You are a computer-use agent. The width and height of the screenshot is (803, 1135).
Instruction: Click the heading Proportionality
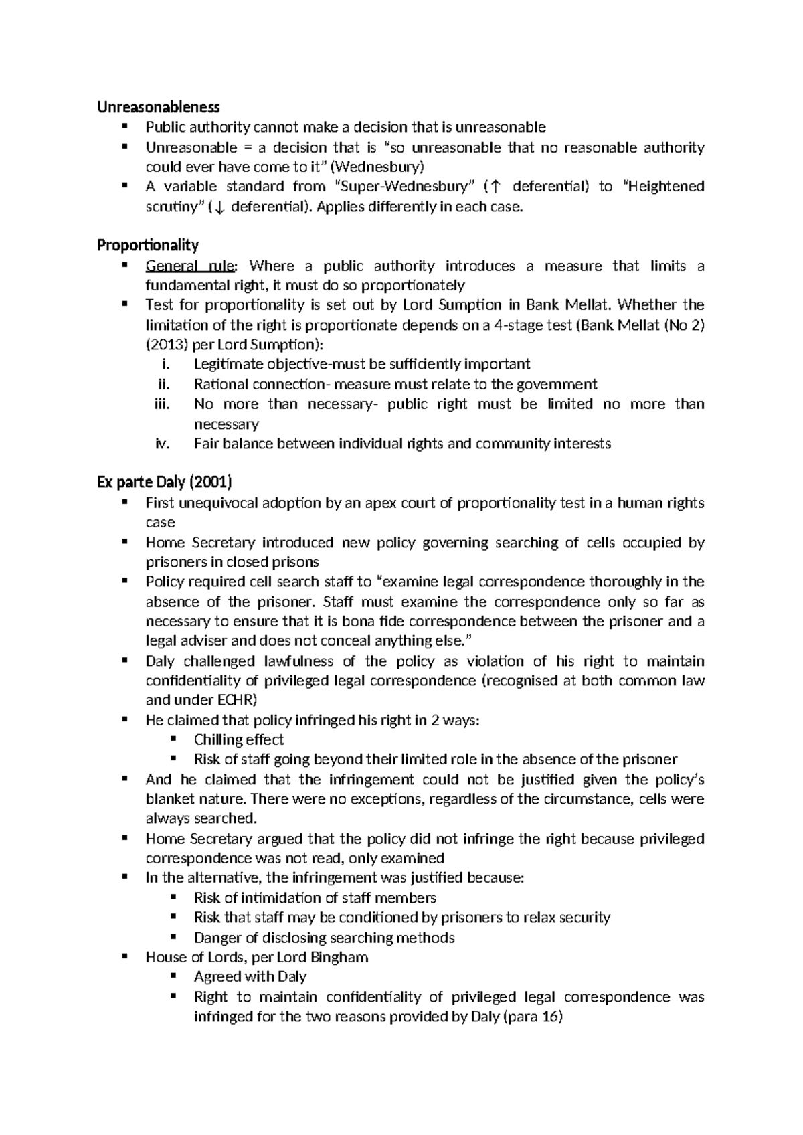click(x=148, y=246)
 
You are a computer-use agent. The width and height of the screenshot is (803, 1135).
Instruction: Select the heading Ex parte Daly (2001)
click(x=165, y=483)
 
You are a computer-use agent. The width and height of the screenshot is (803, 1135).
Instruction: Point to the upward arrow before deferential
click(x=494, y=187)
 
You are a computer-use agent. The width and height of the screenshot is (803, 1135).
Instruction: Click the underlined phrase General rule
click(x=190, y=266)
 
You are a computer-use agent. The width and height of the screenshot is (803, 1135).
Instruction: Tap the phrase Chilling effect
click(x=238, y=739)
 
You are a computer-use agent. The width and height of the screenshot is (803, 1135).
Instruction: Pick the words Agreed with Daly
click(x=250, y=976)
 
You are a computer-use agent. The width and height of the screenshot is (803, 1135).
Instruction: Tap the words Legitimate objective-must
click(x=273, y=365)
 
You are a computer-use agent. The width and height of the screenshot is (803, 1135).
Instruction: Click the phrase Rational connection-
click(x=262, y=384)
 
